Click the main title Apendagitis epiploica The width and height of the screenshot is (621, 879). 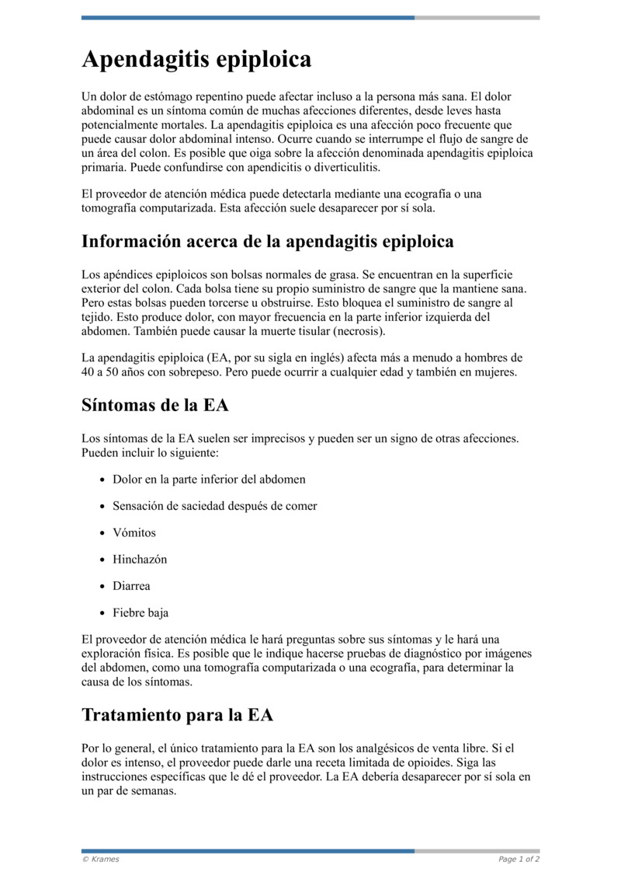196,60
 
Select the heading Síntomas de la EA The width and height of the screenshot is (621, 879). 154,405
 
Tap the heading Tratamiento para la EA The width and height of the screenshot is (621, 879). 177,714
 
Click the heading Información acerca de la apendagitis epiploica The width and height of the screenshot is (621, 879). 267,242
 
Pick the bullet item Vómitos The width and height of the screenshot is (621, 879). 134,532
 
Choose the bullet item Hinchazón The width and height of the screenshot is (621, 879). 140,559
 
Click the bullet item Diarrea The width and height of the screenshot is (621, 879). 131,586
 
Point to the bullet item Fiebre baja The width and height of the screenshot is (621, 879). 141,612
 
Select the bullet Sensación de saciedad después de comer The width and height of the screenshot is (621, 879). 214,506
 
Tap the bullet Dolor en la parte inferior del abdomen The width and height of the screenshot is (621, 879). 209,479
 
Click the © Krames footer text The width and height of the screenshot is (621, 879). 101,859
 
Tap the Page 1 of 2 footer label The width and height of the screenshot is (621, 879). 519,859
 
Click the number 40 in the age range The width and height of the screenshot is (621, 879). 88,371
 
